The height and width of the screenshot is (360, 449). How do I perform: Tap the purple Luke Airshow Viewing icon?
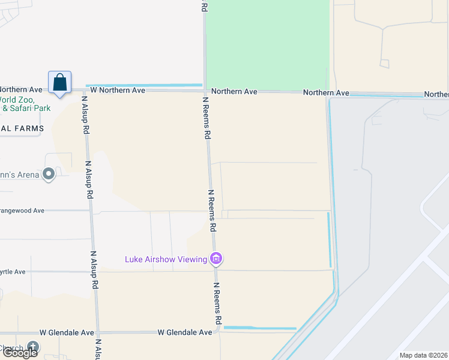tap(216, 259)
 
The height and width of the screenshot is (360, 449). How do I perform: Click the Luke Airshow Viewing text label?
tap(165, 260)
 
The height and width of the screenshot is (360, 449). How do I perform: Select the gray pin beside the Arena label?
tap(49, 175)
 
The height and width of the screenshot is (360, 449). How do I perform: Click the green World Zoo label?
tap(17, 100)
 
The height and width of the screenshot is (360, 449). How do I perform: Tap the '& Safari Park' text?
tap(26, 109)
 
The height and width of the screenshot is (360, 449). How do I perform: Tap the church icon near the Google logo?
tap(33, 347)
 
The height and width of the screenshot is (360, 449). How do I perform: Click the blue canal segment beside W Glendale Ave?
tap(260, 328)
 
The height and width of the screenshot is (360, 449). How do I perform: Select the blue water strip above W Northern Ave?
tap(144, 85)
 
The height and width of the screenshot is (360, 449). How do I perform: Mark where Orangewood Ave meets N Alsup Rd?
tap(92, 211)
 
